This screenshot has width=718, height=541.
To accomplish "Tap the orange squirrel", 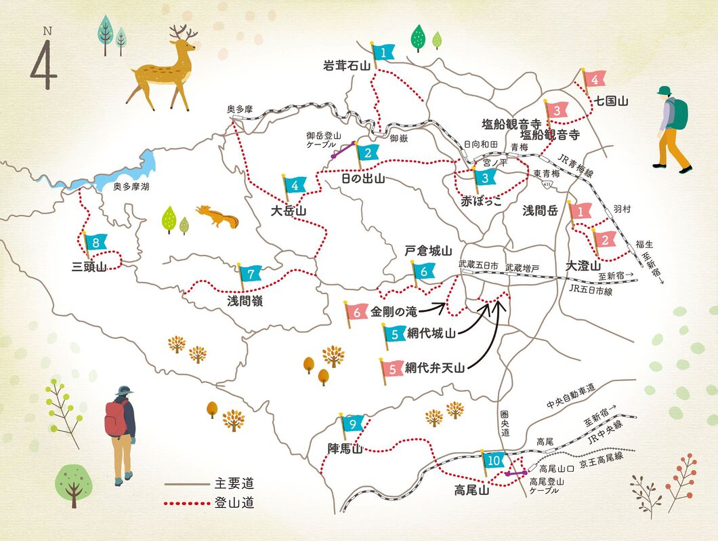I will coord(217,216).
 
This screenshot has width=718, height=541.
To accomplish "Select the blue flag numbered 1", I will coord(383,52).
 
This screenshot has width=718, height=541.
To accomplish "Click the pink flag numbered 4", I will coord(594,79).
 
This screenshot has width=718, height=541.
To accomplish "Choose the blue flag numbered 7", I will coord(251,274).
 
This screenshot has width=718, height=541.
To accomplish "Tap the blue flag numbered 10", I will coord(493,461).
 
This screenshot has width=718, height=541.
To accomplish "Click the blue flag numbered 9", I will coord(353,424).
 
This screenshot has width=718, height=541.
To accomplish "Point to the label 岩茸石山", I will coord(347,66).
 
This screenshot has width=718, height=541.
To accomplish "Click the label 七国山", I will coord(612,102).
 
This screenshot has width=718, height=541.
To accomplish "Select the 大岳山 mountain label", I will coord(288,211).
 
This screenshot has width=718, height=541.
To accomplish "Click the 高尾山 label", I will coord(471,492).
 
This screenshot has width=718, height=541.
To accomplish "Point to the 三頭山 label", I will coord(89,266).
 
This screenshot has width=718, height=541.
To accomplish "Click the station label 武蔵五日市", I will coord(478,264).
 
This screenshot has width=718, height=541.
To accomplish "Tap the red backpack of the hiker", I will coord(115,418).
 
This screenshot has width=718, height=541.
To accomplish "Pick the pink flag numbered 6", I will coord(357,312).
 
